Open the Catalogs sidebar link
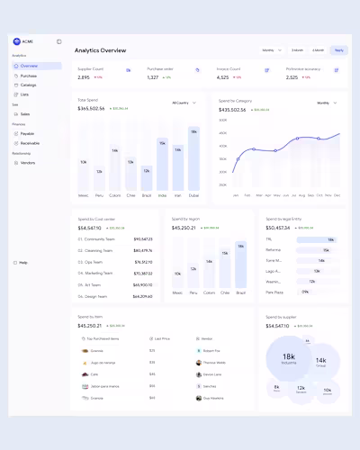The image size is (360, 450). pyautogui.click(x=30, y=85)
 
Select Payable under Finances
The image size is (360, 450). pyautogui.click(x=28, y=133)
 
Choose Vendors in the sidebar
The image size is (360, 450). pyautogui.click(x=28, y=162)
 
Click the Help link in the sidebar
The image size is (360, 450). pyautogui.click(x=22, y=263)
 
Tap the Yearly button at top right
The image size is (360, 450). pyautogui.click(x=338, y=50)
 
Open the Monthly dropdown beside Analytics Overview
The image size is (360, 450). pyautogui.click(x=271, y=50)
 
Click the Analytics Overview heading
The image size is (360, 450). pyautogui.click(x=100, y=50)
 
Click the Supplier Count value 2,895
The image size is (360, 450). pyautogui.click(x=84, y=77)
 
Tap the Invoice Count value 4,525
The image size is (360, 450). pyautogui.click(x=222, y=77)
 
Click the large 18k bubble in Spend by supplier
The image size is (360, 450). pyautogui.click(x=289, y=358)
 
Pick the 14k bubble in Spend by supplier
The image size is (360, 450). pyautogui.click(x=320, y=361)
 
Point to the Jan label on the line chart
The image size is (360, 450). pyautogui.click(x=236, y=194)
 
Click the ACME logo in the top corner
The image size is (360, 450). pyautogui.click(x=16, y=41)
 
